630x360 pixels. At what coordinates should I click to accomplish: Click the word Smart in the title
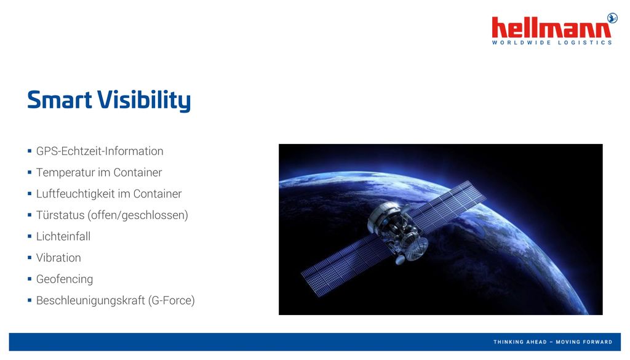pyautogui.click(x=60, y=100)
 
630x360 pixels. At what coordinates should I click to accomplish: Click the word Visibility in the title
pyautogui.click(x=144, y=100)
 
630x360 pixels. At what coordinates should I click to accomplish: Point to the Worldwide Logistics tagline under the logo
pyautogui.click(x=552, y=42)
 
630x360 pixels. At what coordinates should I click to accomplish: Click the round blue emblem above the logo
pyautogui.click(x=612, y=18)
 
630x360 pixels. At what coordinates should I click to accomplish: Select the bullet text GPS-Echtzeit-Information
pyautogui.click(x=100, y=151)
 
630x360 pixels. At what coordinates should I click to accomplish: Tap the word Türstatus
pyautogui.click(x=60, y=215)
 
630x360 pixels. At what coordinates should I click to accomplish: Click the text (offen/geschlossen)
pyautogui.click(x=138, y=215)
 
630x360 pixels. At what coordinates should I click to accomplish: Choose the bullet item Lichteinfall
pyautogui.click(x=63, y=236)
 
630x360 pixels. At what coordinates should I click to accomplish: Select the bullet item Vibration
pyautogui.click(x=58, y=258)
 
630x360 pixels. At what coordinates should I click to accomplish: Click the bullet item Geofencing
pyautogui.click(x=64, y=279)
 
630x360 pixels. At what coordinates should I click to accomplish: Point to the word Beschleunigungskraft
pyautogui.click(x=90, y=300)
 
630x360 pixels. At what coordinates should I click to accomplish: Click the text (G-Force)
pyautogui.click(x=171, y=300)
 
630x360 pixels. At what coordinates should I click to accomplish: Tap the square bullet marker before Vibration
pyautogui.click(x=30, y=258)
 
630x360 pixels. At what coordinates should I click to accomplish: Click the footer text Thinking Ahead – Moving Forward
pyautogui.click(x=552, y=342)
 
